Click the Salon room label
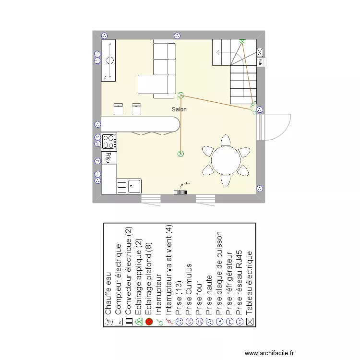tap(179, 109)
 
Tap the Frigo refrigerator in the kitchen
tap(109, 157)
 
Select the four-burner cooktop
tap(109, 141)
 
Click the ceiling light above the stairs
tap(242, 41)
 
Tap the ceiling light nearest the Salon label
tap(181, 95)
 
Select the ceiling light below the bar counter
tap(181, 154)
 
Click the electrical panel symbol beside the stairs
tap(260, 52)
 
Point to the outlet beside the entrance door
tap(260, 110)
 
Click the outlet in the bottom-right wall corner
tap(260, 189)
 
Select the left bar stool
tap(119, 109)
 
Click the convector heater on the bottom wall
tap(180, 192)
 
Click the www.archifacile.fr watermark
tap(269, 353)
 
